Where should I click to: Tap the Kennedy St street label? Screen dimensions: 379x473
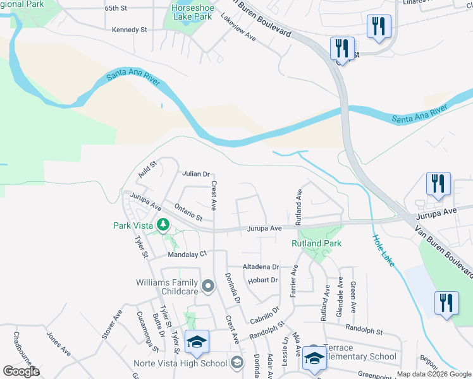129,30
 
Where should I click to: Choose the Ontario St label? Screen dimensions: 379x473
188,212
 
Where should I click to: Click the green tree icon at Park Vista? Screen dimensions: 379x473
163,224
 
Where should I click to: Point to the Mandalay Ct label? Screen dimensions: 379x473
187,255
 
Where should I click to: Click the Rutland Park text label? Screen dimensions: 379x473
316,243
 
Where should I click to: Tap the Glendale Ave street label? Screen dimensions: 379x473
340,298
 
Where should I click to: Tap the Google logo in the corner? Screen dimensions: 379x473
21,371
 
